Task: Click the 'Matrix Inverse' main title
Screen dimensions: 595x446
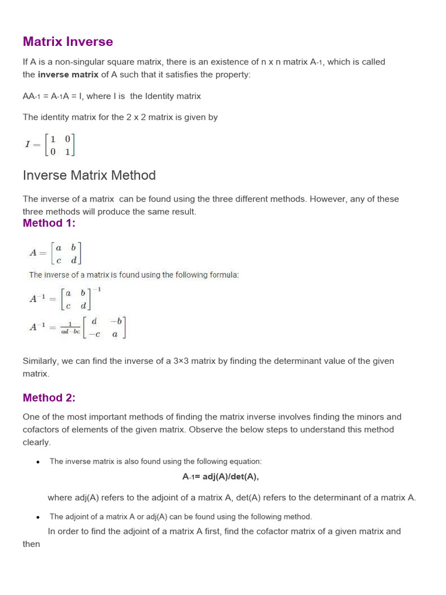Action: point(68,42)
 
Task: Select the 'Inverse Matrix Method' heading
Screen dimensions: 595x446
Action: point(89,175)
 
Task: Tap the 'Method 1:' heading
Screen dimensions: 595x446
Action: point(49,223)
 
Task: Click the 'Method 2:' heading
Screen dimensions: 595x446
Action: point(49,397)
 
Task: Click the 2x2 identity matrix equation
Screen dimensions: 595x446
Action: point(49,145)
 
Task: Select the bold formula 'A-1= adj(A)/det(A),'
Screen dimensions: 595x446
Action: point(220,476)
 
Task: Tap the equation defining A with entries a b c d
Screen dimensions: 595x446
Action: point(55,253)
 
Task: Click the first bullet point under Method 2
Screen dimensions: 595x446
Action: point(38,462)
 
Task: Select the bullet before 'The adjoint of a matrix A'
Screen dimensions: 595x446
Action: point(38,517)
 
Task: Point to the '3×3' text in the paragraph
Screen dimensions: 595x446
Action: point(184,361)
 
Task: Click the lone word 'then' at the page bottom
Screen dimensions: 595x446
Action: point(31,544)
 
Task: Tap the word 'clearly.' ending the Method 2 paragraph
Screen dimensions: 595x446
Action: point(36,442)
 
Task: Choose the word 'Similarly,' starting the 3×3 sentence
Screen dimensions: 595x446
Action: point(41,361)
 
